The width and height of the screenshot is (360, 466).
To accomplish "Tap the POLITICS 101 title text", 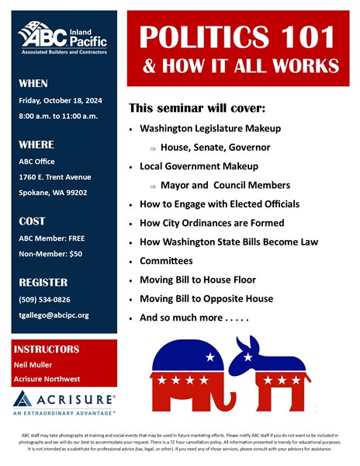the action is click(237, 37).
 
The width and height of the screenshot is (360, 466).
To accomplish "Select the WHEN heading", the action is click(33, 83).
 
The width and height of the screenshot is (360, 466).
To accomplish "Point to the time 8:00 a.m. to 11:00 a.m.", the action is click(60, 118).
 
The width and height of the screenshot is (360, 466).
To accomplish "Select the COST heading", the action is click(32, 221).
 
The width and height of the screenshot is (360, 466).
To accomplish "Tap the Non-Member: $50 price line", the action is click(50, 254).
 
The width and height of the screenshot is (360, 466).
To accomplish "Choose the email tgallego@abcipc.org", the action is click(54, 315).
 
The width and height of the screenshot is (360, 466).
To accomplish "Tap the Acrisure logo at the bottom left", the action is click(64, 401).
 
